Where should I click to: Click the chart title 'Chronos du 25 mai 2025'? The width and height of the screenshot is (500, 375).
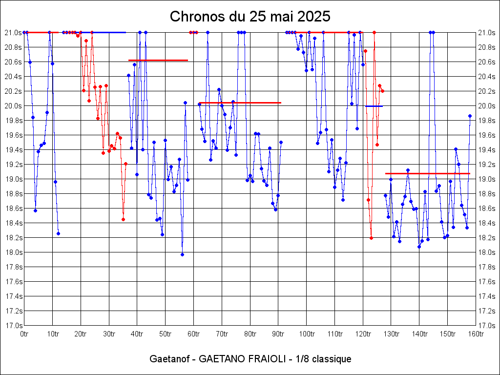coord(250,17)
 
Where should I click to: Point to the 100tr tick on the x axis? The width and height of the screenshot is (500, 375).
coord(307,334)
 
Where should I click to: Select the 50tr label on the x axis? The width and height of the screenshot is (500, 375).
coord(165,334)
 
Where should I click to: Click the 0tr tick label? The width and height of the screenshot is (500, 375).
coord(24,334)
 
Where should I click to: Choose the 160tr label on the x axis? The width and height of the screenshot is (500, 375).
coord(476,334)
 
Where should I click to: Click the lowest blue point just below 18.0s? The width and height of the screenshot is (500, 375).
coord(182,254)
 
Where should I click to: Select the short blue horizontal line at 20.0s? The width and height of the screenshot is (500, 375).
coord(374,106)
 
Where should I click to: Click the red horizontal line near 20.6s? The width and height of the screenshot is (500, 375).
coord(158,60)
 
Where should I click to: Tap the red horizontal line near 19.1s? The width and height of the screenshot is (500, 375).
coord(428,173)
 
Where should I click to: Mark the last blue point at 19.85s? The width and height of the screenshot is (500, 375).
coord(470,116)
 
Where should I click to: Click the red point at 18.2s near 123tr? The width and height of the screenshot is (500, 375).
coord(372,238)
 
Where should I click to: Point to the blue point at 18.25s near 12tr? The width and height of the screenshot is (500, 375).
coord(58,233)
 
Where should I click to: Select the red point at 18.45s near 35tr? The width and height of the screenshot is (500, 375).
coord(123,219)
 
